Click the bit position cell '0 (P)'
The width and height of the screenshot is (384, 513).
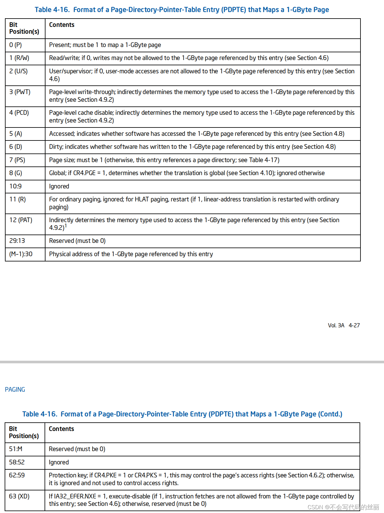pos(15,45)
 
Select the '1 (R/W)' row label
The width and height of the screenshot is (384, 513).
pos(19,58)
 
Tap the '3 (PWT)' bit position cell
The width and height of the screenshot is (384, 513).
pos(20,92)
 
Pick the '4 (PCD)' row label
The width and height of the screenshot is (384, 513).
pos(19,113)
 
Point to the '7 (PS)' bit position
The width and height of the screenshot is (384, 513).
pos(17,160)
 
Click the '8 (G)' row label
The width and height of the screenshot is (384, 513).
pos(15,173)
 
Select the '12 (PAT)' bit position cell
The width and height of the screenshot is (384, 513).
pos(21,220)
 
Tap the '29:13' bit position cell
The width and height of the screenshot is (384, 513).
pos(17,241)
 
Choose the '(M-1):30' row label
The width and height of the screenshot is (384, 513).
pos(21,254)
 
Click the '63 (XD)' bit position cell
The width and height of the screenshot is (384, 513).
pos(19,496)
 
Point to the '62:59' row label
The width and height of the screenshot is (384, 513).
pos(17,475)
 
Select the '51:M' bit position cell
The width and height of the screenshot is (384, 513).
pos(15,449)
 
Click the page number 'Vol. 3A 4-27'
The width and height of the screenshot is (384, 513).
pos(344,325)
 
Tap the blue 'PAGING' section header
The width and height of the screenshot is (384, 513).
pos(15,390)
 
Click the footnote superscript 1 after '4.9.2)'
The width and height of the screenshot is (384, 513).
pos(66,226)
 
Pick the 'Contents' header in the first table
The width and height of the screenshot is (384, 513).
pos(62,25)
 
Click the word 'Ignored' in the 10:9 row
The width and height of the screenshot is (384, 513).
pos(59,186)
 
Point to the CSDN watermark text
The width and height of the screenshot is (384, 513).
pos(343,507)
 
